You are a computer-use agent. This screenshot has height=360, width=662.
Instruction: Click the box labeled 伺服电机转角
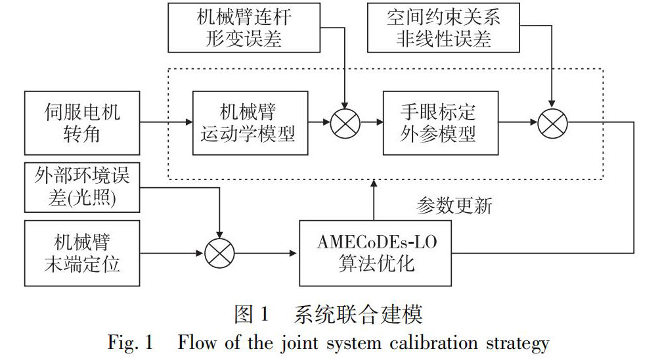pyautogui.click(x=83, y=123)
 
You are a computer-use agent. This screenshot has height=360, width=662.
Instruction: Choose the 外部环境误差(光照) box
pyautogui.click(x=83, y=188)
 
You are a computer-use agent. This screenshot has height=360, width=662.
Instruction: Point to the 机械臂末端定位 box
pyautogui.click(x=83, y=254)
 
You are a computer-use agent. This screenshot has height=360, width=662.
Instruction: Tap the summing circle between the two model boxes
pyautogui.click(x=344, y=123)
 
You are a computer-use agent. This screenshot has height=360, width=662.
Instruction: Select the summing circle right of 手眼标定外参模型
pyautogui.click(x=552, y=123)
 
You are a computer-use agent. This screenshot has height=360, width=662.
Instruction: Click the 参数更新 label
pyautogui.click(x=454, y=206)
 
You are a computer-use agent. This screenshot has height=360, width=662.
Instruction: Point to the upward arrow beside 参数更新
pyautogui.click(x=375, y=201)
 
